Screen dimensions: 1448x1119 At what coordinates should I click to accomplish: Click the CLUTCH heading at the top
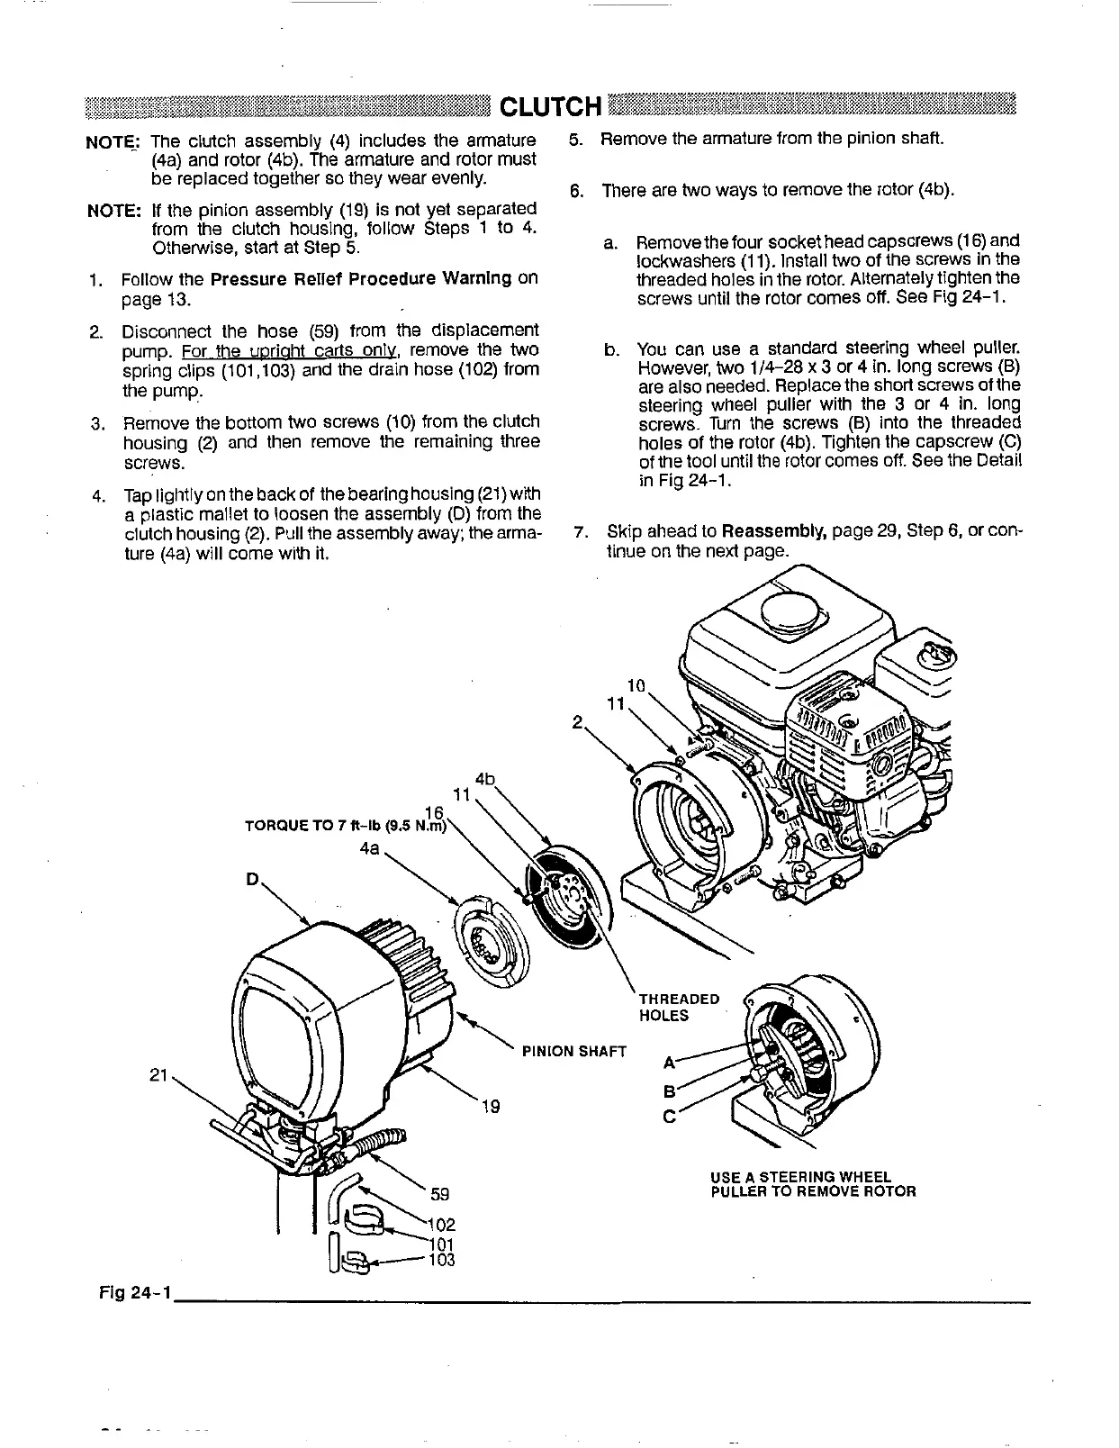click(x=549, y=107)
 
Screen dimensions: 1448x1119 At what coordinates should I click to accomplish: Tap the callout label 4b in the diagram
click(x=486, y=779)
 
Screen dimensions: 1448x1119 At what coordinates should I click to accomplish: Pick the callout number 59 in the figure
click(x=440, y=1195)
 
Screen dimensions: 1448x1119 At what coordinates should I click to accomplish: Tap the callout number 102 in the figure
click(x=443, y=1226)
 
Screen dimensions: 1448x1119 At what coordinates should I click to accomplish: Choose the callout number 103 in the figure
click(x=443, y=1260)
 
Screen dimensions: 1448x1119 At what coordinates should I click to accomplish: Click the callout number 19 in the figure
click(x=490, y=1107)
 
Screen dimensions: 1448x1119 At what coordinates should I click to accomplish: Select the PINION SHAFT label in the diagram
click(x=573, y=1051)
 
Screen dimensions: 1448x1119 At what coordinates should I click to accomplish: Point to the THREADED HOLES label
click(x=678, y=1008)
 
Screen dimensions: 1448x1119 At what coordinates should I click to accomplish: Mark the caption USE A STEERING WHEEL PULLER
click(x=812, y=1184)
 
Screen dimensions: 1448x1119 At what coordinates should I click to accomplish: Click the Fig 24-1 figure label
click(x=135, y=1294)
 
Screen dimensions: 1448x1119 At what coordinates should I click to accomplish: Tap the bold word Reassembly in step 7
click(x=774, y=530)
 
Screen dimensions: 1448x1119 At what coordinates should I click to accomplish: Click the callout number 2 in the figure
click(x=577, y=720)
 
